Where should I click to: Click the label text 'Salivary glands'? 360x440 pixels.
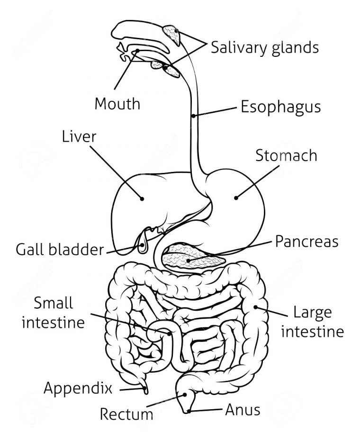point(264,48)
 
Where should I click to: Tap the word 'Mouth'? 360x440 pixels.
point(117,103)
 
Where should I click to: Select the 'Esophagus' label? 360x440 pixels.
point(280,107)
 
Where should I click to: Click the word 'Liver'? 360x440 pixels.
point(79,137)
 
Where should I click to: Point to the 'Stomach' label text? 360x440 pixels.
point(286,155)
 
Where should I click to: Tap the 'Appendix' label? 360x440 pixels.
point(78,389)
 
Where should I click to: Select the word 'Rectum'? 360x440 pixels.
point(126,414)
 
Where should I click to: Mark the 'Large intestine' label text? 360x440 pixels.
point(312,322)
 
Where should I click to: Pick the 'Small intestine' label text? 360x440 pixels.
point(53,313)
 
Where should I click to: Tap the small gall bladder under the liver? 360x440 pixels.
point(143,246)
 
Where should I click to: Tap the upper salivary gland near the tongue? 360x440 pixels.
point(172,35)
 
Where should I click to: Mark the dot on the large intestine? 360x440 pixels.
point(256,307)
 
